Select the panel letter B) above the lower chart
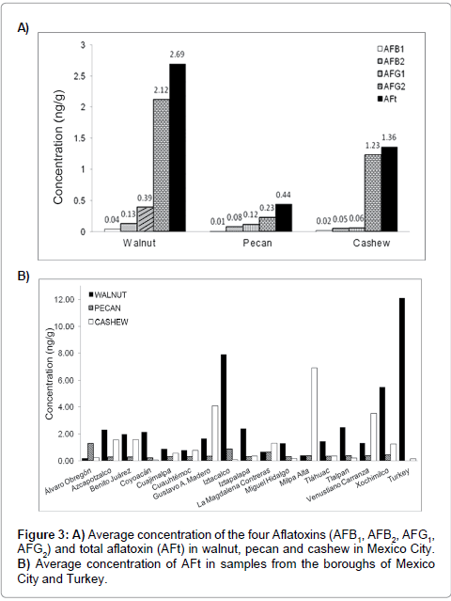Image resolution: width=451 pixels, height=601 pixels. tap(24, 276)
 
